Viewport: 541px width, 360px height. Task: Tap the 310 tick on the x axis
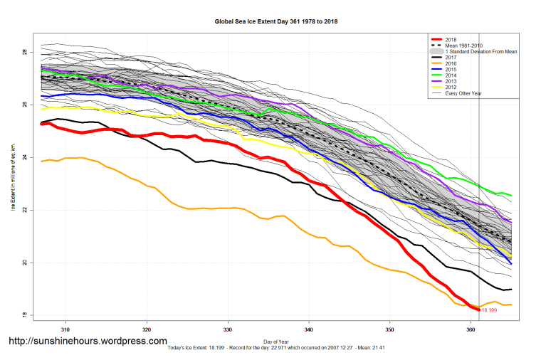tap(65, 330)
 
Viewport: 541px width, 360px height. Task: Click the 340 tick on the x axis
tap(308, 330)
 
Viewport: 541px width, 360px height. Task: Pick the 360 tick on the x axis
tap(471, 330)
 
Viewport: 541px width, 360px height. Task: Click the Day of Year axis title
tap(276, 341)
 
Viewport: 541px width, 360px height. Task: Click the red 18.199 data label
tap(490, 310)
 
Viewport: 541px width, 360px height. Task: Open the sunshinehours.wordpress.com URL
tap(88, 342)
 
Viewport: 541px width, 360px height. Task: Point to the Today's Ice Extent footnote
tap(275, 348)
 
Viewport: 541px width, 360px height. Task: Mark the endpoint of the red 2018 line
tap(478, 309)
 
